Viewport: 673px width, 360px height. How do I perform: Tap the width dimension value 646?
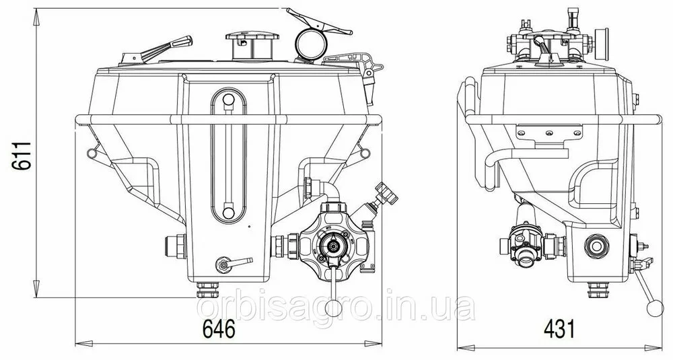[219, 330]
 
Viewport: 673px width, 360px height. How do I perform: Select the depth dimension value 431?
[559, 330]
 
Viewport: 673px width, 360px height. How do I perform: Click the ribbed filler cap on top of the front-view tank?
[252, 46]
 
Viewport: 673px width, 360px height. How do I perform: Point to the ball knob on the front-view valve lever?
[334, 308]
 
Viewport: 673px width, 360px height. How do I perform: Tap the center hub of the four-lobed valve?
[332, 246]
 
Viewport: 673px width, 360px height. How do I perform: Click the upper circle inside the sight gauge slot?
[228, 100]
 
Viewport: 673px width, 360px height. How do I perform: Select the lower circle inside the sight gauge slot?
[228, 213]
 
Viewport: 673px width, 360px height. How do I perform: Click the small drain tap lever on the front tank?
[234, 264]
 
